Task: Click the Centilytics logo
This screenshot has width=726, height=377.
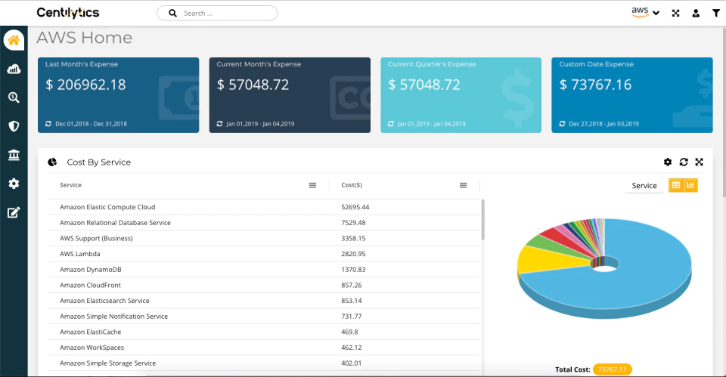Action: click(68, 13)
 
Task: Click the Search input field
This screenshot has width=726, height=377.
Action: click(217, 13)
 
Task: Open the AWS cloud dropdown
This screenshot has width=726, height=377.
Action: click(645, 13)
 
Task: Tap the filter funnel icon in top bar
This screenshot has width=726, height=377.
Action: click(716, 13)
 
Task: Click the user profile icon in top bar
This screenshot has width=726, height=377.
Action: click(696, 13)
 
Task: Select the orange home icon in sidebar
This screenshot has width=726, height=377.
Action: click(14, 40)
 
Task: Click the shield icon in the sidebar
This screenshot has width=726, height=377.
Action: click(14, 126)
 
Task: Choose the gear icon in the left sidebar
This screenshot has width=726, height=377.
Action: click(14, 184)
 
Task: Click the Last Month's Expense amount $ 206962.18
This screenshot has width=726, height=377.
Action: click(85, 85)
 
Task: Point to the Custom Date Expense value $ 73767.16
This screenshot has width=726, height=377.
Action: click(595, 85)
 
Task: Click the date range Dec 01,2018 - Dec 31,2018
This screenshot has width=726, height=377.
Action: click(92, 124)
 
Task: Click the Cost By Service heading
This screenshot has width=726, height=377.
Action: click(99, 162)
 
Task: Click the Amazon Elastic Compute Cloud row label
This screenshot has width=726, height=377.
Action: click(107, 207)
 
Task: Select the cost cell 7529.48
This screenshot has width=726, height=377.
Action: click(353, 223)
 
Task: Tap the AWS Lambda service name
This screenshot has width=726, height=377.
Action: click(80, 254)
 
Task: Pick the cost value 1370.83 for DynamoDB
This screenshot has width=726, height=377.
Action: click(353, 269)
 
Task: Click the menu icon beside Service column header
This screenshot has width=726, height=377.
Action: click(312, 185)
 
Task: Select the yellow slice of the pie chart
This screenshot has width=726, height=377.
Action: click(546, 259)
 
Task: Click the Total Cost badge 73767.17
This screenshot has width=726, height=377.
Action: click(612, 369)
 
